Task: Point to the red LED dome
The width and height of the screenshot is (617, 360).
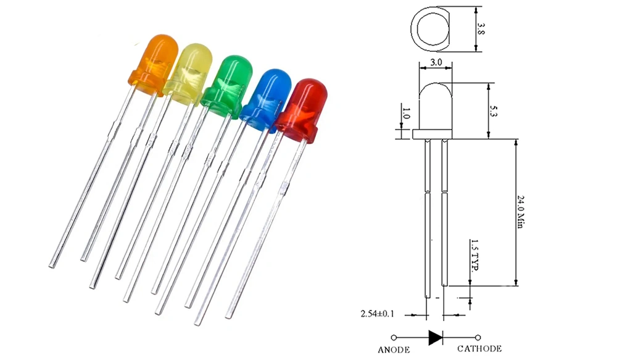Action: [303, 111]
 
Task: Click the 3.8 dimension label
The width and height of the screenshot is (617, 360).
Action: [481, 28]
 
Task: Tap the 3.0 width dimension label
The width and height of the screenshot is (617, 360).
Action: [436, 62]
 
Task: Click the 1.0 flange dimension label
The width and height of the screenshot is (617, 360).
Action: [407, 114]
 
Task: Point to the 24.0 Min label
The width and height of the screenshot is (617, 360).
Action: [520, 212]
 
